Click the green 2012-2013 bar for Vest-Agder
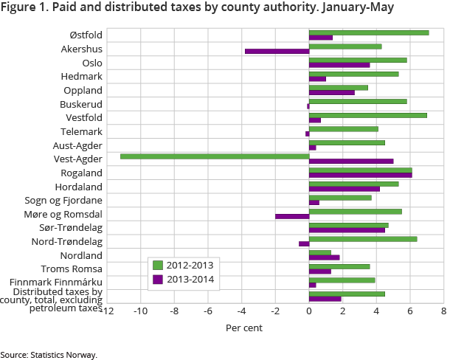[x=214, y=156]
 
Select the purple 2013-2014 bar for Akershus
[x=277, y=52]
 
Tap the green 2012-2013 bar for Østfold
[x=369, y=32]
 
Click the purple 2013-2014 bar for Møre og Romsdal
[x=292, y=216]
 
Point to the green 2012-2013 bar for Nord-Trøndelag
[x=363, y=238]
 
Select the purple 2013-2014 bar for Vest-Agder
[x=351, y=161]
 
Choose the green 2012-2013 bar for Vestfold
[x=368, y=115]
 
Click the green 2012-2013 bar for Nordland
[x=320, y=252]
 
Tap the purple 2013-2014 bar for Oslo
[x=339, y=65]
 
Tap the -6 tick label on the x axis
[x=208, y=311]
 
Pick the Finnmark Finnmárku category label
[x=56, y=283]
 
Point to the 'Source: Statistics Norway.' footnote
[x=49, y=354]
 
